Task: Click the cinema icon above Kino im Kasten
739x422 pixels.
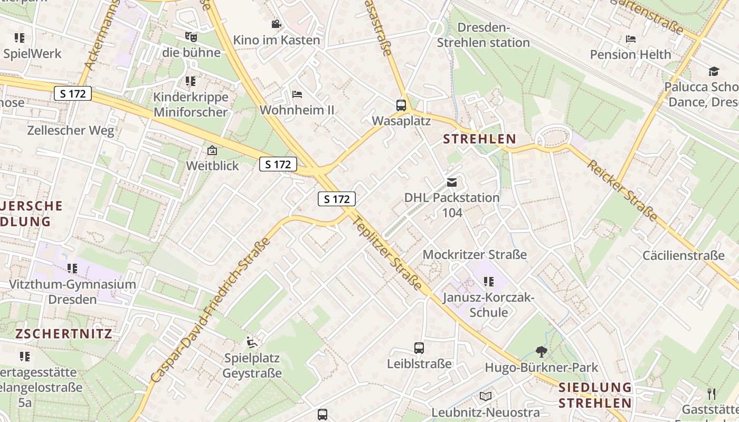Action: (276, 24)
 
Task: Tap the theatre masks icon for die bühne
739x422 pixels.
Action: (191, 36)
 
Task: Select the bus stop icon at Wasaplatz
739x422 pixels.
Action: (401, 105)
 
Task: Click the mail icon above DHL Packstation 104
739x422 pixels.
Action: (452, 183)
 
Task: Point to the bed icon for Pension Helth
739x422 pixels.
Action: (630, 39)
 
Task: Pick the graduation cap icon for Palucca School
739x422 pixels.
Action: (714, 71)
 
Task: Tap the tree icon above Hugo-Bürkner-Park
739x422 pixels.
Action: (541, 351)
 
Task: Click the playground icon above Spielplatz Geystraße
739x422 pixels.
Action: (252, 342)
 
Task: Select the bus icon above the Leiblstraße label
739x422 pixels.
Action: (419, 348)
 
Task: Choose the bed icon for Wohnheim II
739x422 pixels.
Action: (297, 94)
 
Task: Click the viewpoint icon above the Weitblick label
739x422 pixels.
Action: (212, 150)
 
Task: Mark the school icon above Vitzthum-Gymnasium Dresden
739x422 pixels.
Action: (72, 268)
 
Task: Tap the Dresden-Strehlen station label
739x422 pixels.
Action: (483, 35)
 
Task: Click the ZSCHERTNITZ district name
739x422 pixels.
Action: (63, 334)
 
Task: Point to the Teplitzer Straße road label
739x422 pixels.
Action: (387, 254)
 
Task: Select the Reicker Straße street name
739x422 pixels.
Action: (623, 190)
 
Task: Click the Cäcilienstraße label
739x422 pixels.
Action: (683, 256)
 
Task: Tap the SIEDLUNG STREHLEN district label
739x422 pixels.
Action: (595, 395)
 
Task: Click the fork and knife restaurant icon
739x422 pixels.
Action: (712, 394)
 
